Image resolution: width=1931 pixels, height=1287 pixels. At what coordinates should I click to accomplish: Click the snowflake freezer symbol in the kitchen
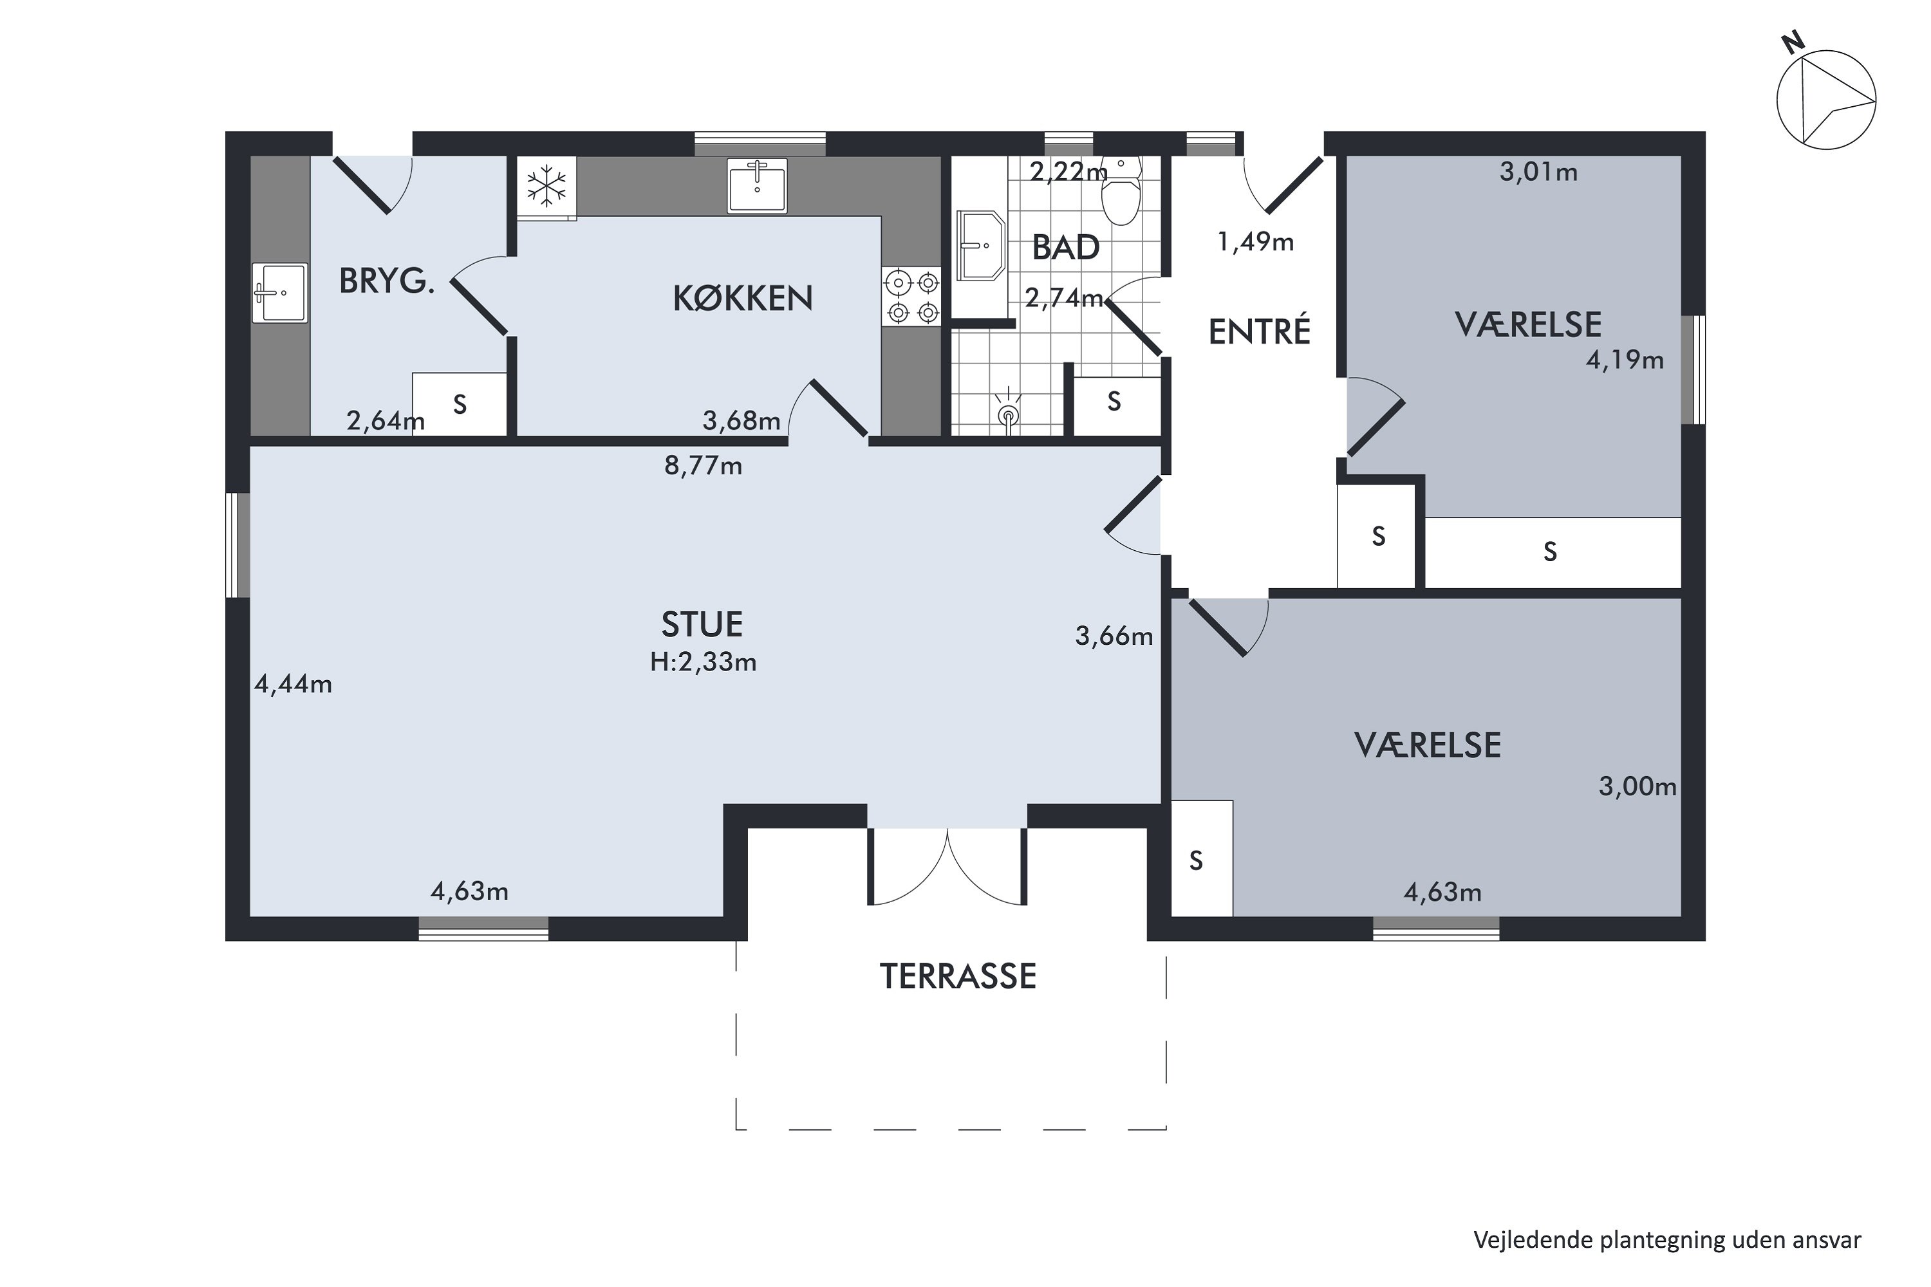click(546, 187)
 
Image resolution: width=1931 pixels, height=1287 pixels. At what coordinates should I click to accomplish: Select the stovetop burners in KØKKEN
click(912, 297)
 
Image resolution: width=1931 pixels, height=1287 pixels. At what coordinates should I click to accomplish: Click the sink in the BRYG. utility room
click(279, 293)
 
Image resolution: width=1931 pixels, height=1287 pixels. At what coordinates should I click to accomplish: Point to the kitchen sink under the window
click(757, 185)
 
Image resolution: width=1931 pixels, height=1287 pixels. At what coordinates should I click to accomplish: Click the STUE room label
click(702, 625)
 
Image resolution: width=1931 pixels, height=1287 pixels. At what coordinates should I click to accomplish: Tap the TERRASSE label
click(958, 977)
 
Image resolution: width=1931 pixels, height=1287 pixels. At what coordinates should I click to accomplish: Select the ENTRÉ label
click(1260, 331)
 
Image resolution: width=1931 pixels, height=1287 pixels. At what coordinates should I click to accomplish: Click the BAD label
click(1066, 248)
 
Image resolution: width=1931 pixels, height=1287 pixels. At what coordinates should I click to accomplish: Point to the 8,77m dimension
click(703, 466)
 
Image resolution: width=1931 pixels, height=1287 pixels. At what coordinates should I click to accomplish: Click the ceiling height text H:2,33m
click(703, 662)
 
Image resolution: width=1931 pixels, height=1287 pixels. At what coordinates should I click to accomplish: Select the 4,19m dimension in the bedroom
click(1625, 360)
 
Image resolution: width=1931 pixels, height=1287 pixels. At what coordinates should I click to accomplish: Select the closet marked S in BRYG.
click(460, 404)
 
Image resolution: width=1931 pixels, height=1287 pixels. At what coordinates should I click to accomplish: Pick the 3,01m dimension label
click(1538, 172)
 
